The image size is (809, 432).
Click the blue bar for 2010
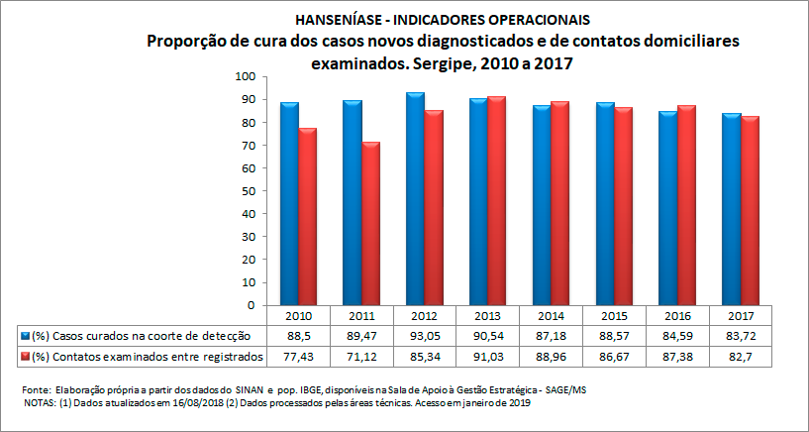point(289,204)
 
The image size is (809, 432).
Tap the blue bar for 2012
point(415,199)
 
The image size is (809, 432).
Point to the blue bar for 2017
point(732,209)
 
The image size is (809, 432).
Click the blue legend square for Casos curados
point(26,336)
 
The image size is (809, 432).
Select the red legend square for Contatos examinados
point(26,356)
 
